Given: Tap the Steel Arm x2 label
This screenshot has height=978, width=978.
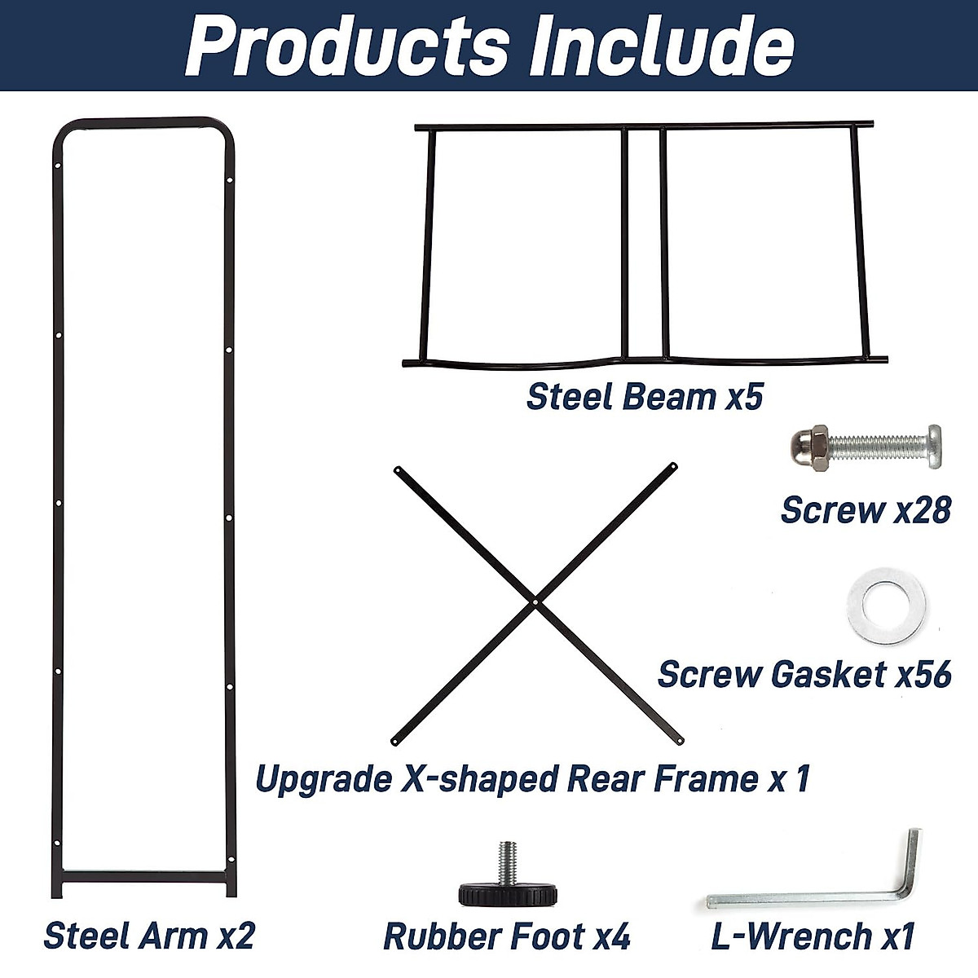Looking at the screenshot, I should [149, 936].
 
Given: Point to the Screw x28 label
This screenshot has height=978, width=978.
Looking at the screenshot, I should [866, 509].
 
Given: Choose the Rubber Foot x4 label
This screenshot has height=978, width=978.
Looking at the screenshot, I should [506, 936].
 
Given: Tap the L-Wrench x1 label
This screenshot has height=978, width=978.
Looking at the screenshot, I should [813, 936].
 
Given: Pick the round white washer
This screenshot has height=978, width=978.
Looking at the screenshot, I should [887, 604].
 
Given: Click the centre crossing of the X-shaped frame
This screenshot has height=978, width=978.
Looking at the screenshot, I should [535, 602].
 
